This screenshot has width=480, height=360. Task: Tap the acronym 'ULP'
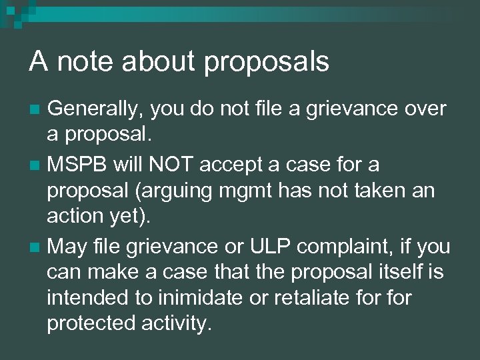pyautogui.click(x=272, y=247)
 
